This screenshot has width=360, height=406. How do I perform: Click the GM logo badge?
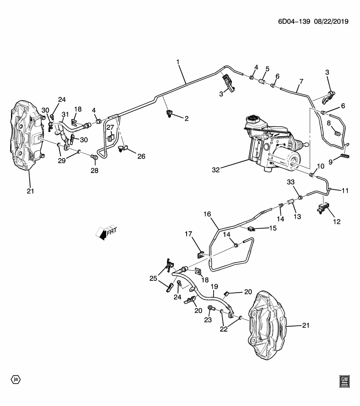[345, 381]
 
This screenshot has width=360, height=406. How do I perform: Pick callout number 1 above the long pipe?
[178, 62]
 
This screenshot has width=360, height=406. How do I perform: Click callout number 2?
[186, 119]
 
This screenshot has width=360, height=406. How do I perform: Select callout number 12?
[337, 221]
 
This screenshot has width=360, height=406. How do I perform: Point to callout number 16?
[207, 214]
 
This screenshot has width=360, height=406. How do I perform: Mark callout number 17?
[188, 234]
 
